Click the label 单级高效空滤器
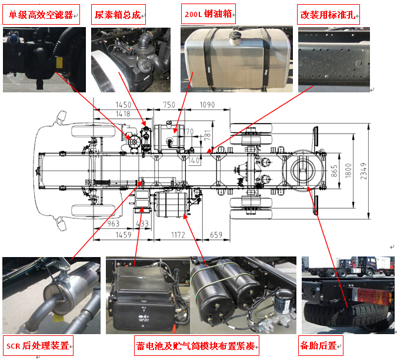pyautogui.click(x=41, y=15)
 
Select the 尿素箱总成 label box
pyautogui.click(x=118, y=15)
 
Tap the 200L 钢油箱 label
pyautogui.click(x=208, y=14)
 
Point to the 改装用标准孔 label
pyautogui.click(x=328, y=15)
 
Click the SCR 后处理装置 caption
pyautogui.click(x=38, y=346)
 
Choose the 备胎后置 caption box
pyautogui.click(x=321, y=345)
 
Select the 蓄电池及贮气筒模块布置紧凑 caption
pyautogui.click(x=196, y=346)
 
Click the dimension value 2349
pyautogui.click(x=363, y=171)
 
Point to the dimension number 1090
pyautogui.click(x=207, y=105)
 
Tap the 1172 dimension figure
pyautogui.click(x=178, y=235)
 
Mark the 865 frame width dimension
pyautogui.click(x=334, y=171)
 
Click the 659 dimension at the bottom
pyautogui.click(x=216, y=235)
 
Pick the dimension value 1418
pyautogui.click(x=123, y=114)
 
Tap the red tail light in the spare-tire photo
pyautogui.click(x=371, y=295)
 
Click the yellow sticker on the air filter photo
pyautogui.click(x=59, y=62)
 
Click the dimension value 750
pyautogui.click(x=169, y=105)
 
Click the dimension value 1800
pyautogui.click(x=348, y=171)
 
